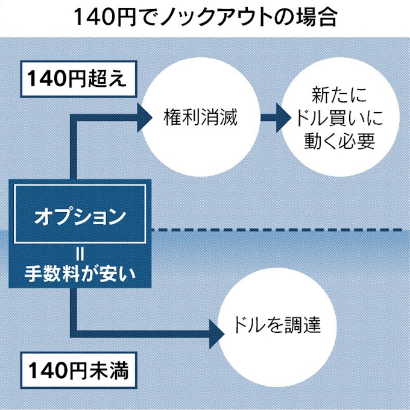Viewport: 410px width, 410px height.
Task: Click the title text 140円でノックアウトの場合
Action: (x=205, y=16)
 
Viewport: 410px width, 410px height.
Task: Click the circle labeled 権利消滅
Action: (x=200, y=116)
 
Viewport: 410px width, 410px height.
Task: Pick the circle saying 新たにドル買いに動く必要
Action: (x=341, y=116)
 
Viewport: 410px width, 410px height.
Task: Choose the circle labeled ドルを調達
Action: (x=275, y=327)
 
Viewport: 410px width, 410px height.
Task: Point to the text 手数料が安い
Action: (x=80, y=274)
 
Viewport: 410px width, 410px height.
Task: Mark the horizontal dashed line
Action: (x=277, y=230)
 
